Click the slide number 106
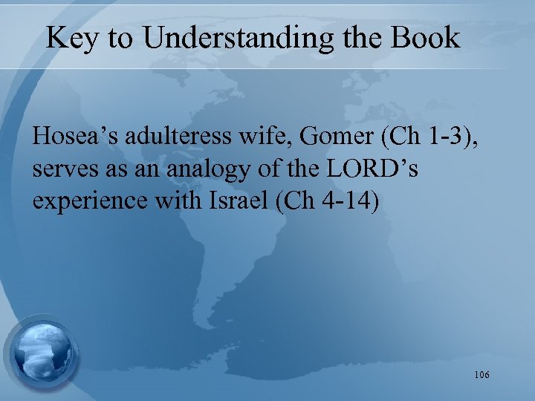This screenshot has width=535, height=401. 481,375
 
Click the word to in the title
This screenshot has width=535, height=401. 120,39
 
